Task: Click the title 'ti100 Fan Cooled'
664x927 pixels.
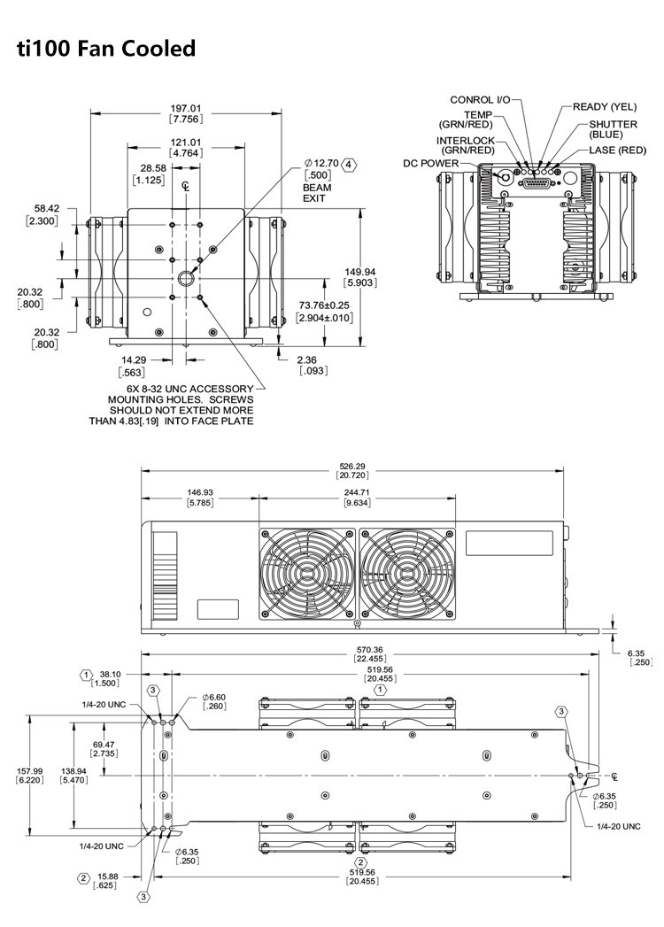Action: [x=105, y=49]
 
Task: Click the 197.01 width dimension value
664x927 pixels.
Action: [x=185, y=110]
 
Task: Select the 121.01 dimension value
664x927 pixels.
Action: [x=185, y=143]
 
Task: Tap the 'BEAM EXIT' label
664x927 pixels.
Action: [x=314, y=193]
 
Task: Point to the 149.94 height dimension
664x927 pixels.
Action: [x=359, y=272]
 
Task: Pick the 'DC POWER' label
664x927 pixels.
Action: [x=430, y=163]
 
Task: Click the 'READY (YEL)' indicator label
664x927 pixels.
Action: [x=605, y=107]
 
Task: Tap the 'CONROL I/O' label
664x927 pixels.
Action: [x=480, y=100]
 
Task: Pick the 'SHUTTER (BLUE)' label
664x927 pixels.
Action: [x=613, y=130]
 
